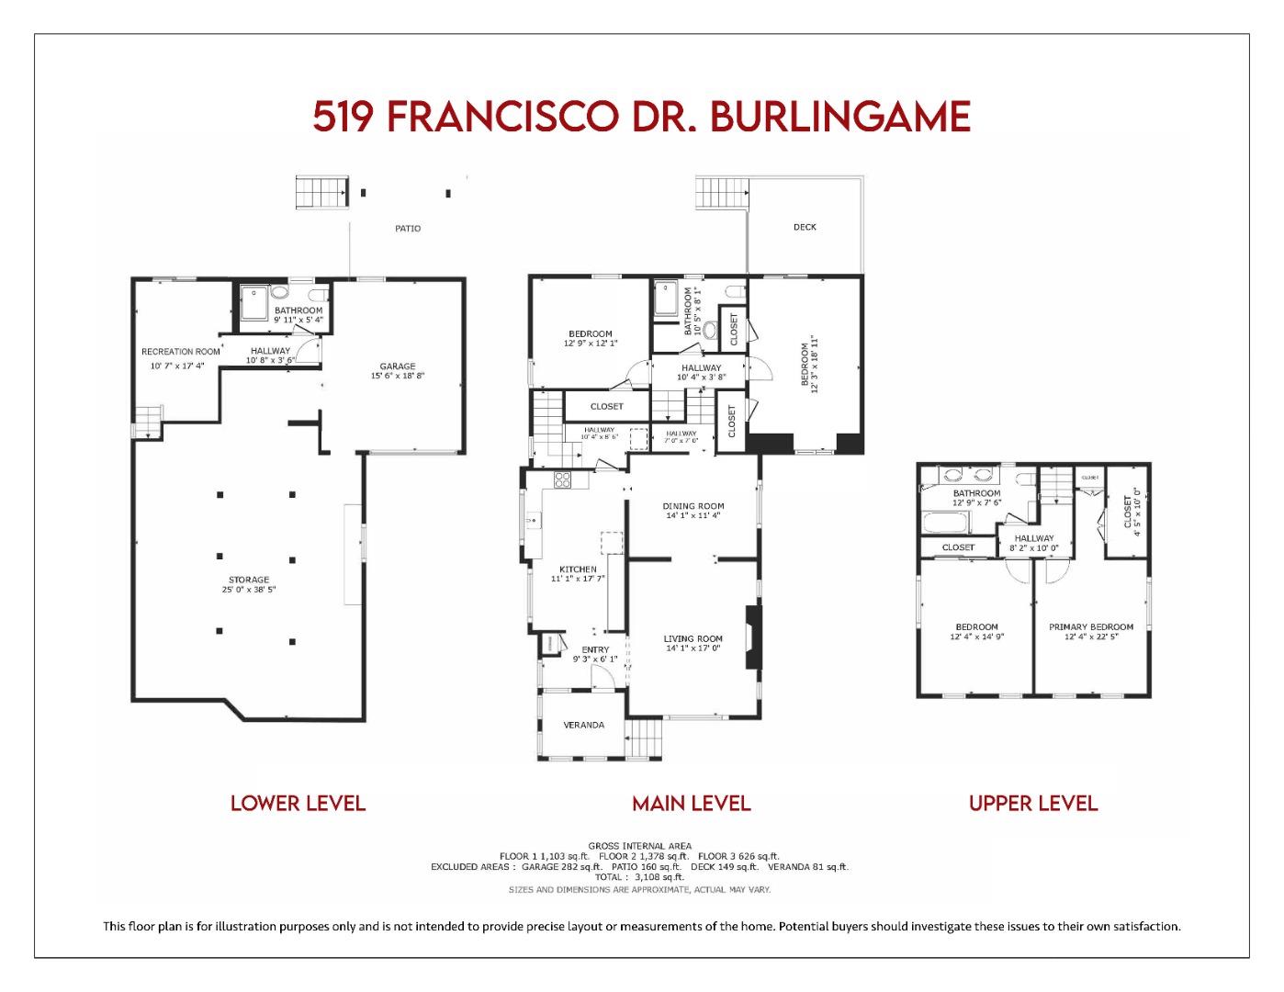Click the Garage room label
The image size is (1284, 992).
(398, 366)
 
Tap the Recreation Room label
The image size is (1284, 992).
(180, 352)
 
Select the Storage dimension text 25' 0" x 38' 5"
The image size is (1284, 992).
(249, 590)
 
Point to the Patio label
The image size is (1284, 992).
(408, 228)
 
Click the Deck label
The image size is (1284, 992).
(805, 227)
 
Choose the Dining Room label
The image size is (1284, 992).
(693, 505)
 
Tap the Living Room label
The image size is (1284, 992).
(693, 638)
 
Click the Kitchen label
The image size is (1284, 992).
(578, 569)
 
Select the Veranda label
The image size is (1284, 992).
(584, 725)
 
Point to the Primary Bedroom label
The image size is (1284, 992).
(1091, 627)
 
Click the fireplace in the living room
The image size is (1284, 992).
(753, 637)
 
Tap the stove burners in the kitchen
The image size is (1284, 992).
(561, 479)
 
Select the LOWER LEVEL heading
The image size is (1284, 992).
(298, 804)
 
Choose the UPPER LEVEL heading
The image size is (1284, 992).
(1033, 804)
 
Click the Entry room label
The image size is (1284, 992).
(595, 650)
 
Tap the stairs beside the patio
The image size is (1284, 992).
(321, 193)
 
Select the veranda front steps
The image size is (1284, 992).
(645, 738)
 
